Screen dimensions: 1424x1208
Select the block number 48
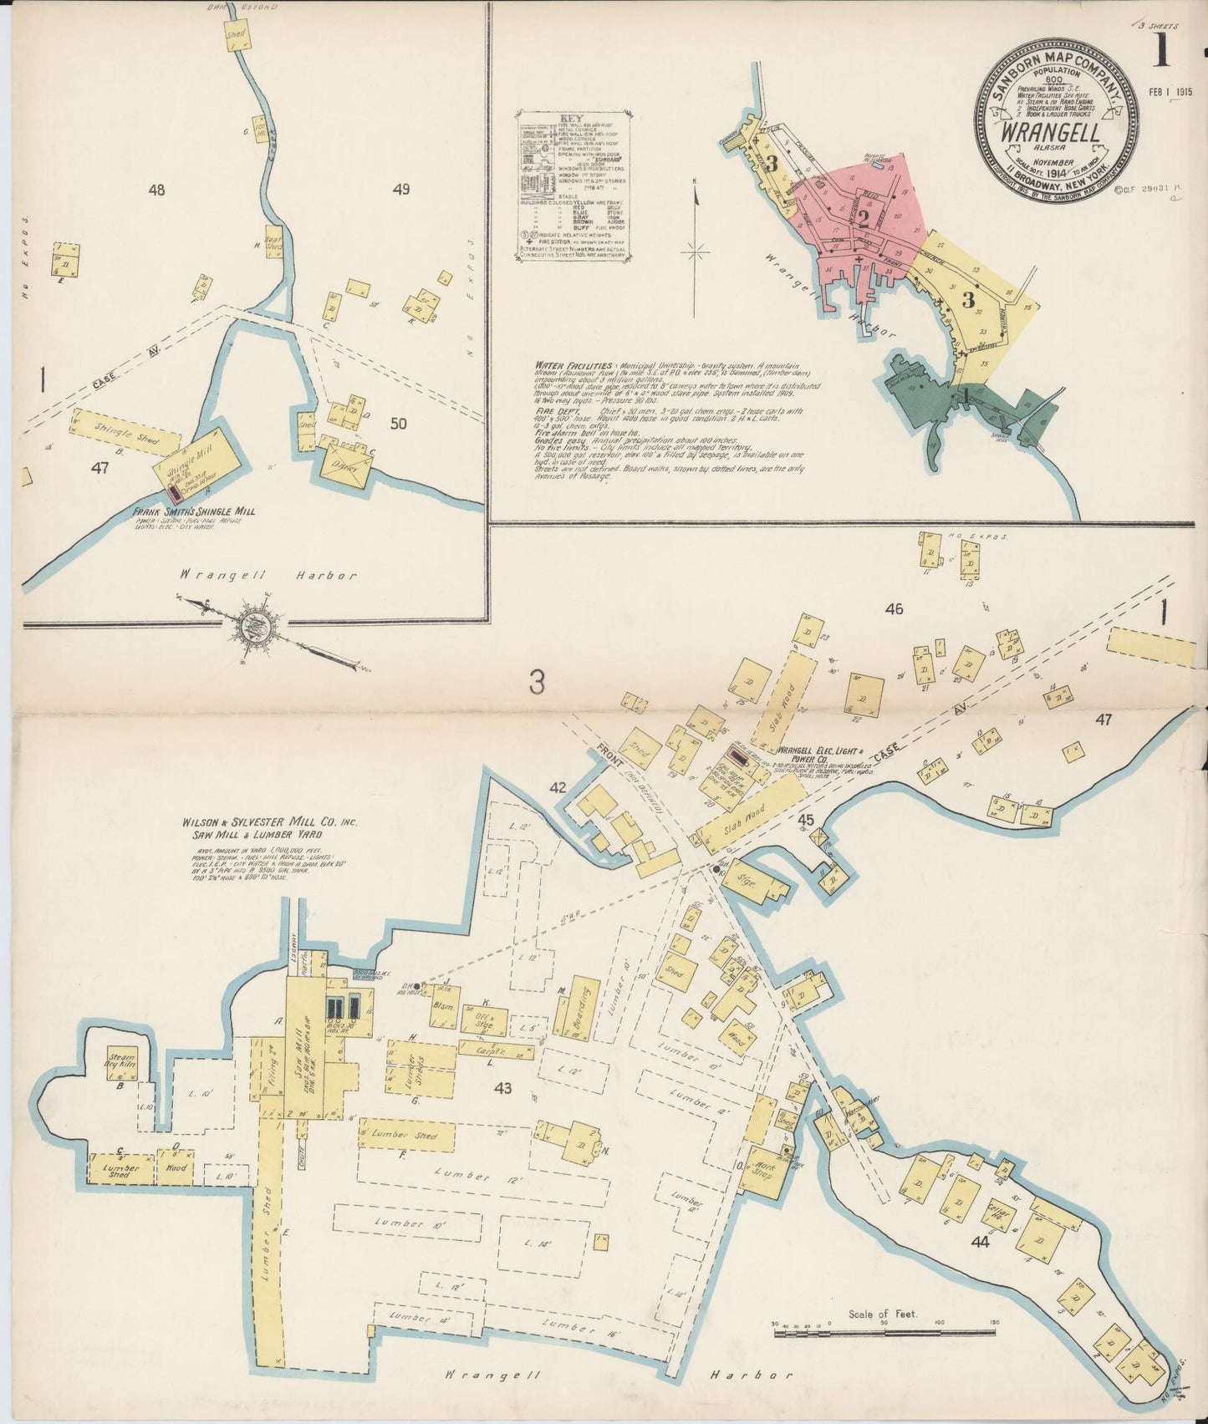156,190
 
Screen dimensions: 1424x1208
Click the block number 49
400,190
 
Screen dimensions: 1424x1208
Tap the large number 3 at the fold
536,684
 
